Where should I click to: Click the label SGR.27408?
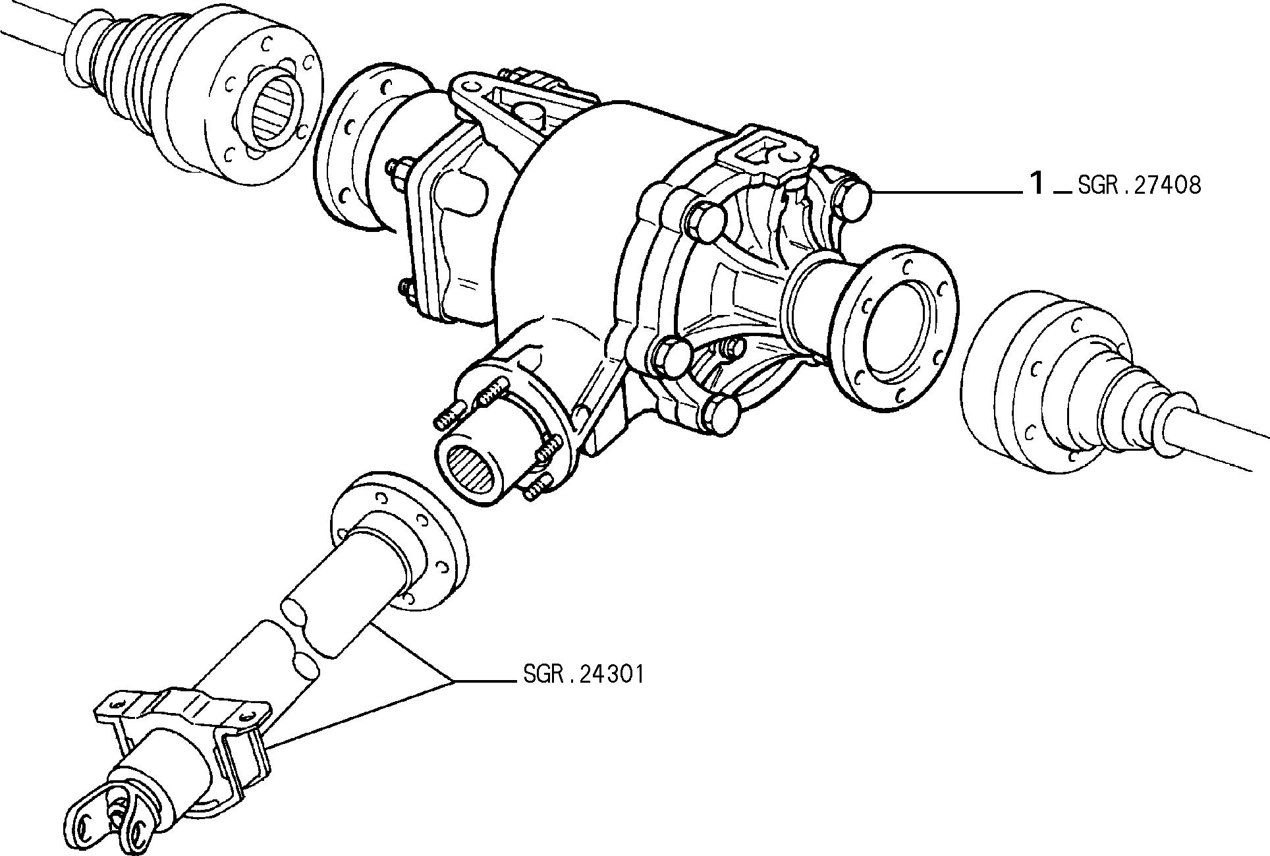(x=1139, y=186)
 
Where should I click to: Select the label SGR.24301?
(x=584, y=674)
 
